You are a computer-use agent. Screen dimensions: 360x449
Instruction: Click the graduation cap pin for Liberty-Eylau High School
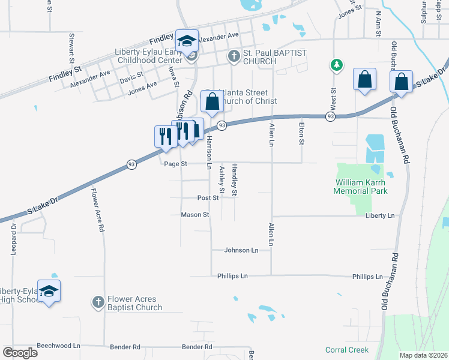click(x=49, y=292)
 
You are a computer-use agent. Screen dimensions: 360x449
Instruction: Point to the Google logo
click(x=20, y=352)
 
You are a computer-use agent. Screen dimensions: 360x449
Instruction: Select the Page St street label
click(x=176, y=163)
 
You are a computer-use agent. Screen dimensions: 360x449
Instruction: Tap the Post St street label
click(x=208, y=197)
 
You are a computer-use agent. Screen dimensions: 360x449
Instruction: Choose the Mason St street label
click(x=195, y=215)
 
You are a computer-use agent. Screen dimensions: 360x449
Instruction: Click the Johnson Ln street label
click(x=241, y=250)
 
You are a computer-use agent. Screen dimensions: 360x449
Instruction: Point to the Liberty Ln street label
click(x=382, y=215)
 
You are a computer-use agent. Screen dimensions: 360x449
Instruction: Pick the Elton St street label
click(x=301, y=134)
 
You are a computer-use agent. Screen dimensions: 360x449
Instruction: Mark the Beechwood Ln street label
click(x=58, y=346)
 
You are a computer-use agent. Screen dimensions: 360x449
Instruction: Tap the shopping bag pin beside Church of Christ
click(x=212, y=103)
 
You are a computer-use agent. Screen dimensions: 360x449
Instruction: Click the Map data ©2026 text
click(x=423, y=355)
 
